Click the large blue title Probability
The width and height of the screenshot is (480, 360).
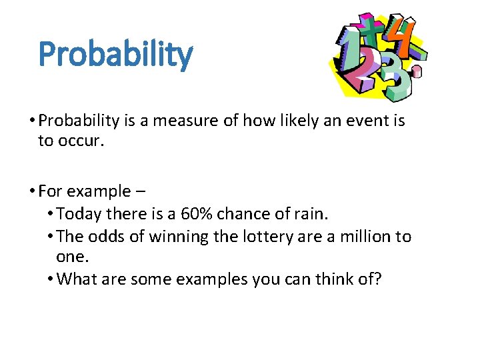(x=115, y=55)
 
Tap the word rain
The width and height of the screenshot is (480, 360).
(x=312, y=214)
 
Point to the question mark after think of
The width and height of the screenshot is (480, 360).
(x=377, y=279)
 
